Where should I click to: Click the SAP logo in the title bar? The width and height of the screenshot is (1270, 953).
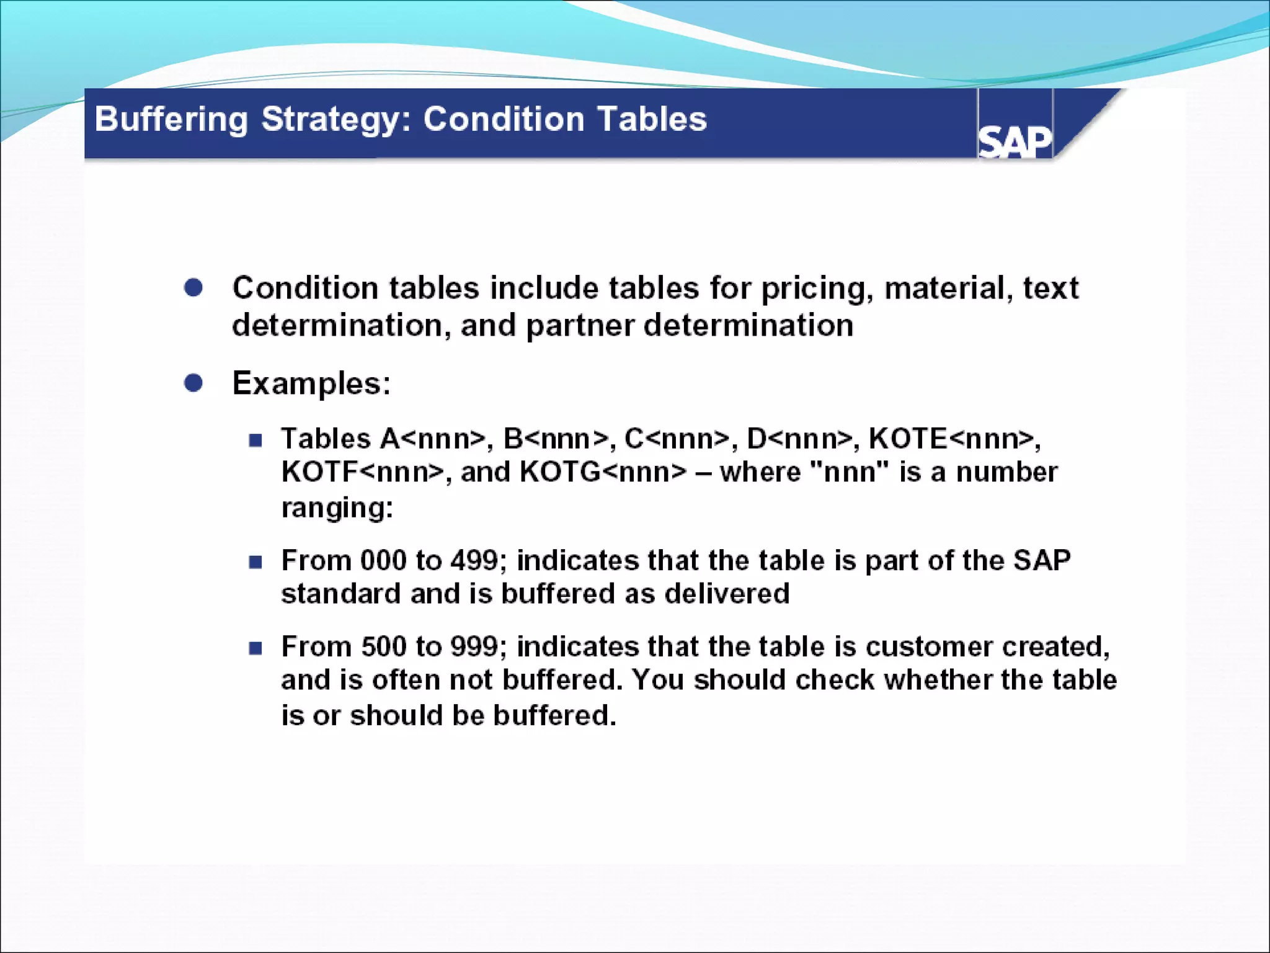tap(1015, 141)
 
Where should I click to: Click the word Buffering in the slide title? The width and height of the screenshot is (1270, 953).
tap(171, 119)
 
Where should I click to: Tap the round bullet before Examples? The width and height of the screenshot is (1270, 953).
tap(193, 383)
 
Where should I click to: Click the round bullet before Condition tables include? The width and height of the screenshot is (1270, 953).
tap(193, 288)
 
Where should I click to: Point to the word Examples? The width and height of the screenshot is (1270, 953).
tap(311, 383)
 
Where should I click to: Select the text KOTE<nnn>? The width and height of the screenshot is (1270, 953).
tap(954, 439)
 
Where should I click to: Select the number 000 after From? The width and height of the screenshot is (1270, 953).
tap(383, 560)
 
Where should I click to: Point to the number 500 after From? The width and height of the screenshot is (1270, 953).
tap(383, 647)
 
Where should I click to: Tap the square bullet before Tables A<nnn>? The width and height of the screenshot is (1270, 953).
tap(255, 441)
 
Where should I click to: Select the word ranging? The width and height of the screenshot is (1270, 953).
tap(337, 508)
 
